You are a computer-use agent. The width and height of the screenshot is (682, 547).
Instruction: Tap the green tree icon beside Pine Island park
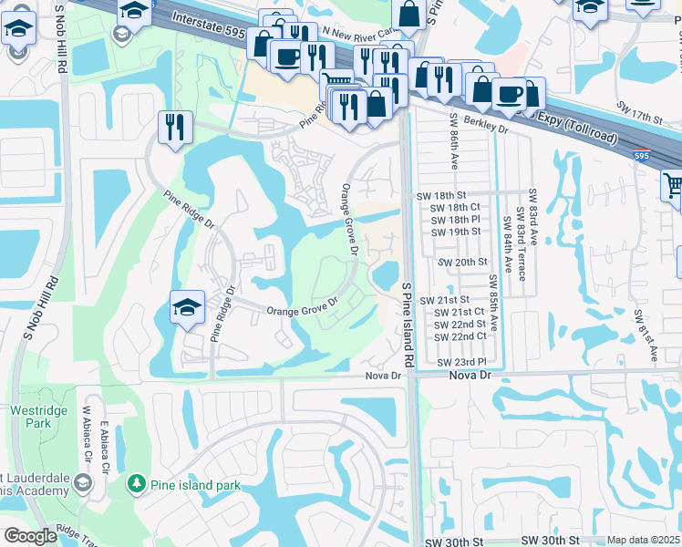[x=137, y=482]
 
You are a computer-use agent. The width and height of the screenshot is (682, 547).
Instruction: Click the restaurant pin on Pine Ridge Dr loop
[x=173, y=127]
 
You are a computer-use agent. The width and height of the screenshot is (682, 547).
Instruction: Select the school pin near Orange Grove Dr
[x=186, y=306]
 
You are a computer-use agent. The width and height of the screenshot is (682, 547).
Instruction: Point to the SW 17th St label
[x=637, y=119]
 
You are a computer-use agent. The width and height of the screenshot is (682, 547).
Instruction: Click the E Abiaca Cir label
[x=106, y=456]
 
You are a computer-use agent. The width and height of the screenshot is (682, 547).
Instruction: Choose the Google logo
[x=31, y=536]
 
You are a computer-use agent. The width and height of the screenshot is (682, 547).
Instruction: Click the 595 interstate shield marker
[x=643, y=157]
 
